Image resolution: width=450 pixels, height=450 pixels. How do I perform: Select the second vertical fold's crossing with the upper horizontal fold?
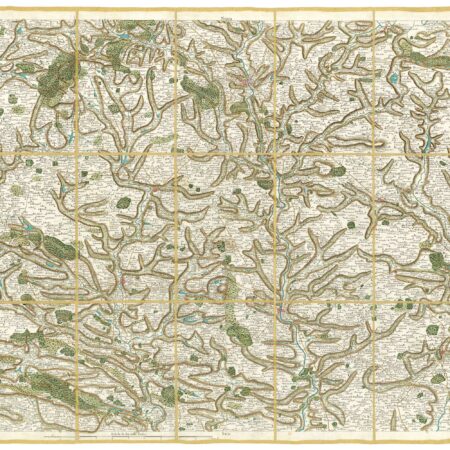(x=176, y=154)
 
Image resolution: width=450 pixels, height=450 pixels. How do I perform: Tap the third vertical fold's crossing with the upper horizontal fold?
(x=275, y=154)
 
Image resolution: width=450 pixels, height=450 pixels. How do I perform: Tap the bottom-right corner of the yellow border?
(x=447, y=441)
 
